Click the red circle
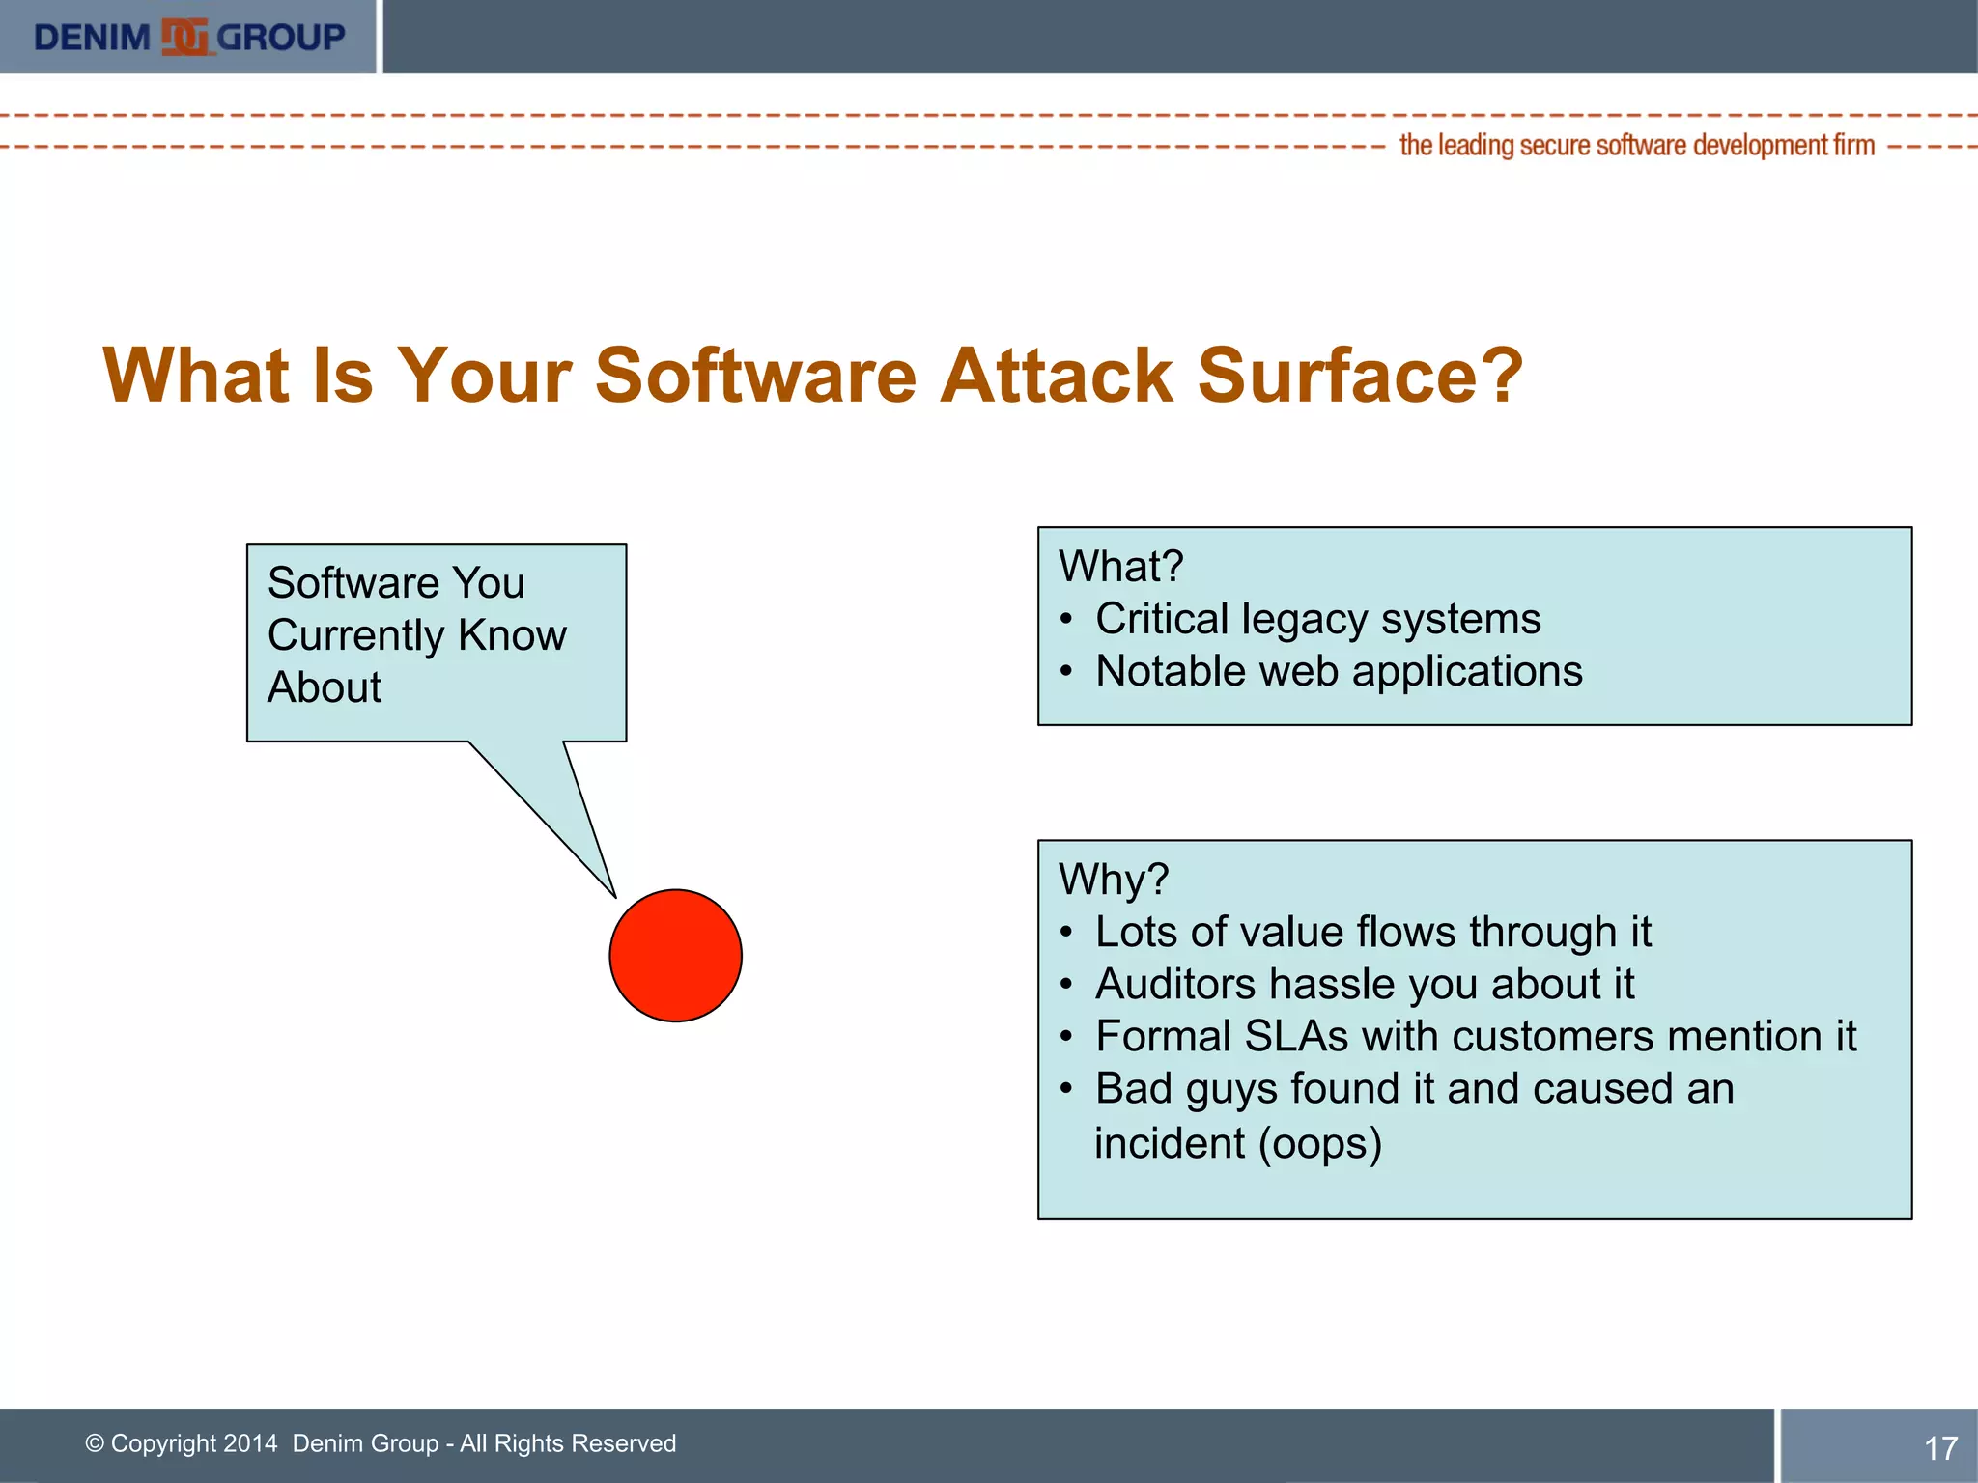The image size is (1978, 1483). [675, 955]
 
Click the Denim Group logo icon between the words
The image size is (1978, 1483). [184, 37]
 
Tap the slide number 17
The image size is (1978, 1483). [1940, 1448]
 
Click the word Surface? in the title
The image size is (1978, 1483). [1360, 375]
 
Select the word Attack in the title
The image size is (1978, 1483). [1057, 375]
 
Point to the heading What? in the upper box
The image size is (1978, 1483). [1120, 566]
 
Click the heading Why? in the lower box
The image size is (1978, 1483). [1113, 880]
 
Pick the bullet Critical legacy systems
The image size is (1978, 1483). [1317, 619]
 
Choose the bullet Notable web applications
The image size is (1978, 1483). [1339, 671]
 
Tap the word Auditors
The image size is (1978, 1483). [1174, 984]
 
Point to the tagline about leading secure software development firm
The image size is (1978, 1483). [1636, 146]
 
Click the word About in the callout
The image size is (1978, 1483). [324, 687]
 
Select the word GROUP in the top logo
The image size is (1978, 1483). [281, 37]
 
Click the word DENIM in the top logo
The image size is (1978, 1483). [92, 37]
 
